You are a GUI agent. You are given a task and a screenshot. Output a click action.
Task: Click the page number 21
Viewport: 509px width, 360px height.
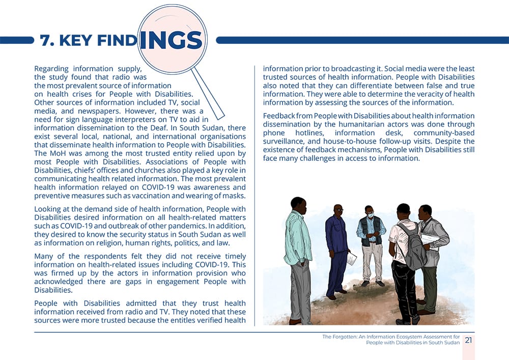point(468,340)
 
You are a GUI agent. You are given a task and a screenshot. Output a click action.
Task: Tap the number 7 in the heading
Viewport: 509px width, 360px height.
point(44,41)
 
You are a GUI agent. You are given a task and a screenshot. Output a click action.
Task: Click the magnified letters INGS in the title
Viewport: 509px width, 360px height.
point(170,40)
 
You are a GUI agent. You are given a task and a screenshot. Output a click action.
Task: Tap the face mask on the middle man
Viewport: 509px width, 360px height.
point(370,215)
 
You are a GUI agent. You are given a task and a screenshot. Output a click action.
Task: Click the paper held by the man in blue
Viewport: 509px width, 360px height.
point(351,258)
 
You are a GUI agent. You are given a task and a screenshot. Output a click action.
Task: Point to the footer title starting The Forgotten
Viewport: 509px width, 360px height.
point(391,340)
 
